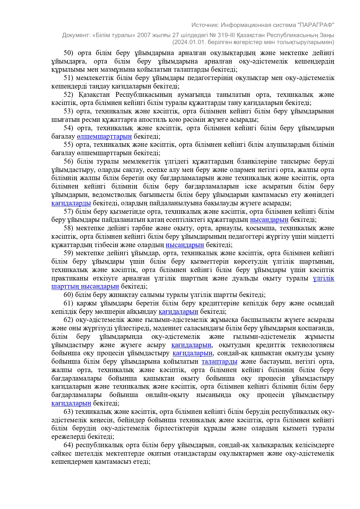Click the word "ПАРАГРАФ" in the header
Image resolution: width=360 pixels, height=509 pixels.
coord(316,25)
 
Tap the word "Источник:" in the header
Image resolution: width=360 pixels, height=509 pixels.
coord(205,25)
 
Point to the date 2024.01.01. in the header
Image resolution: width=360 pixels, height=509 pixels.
coord(187,42)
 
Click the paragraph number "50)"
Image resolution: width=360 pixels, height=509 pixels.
coord(68,53)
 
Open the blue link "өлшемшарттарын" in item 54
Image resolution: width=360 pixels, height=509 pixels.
coord(104,137)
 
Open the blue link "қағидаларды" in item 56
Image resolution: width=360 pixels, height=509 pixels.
coord(71,203)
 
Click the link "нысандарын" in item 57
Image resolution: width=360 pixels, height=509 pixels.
coord(269,220)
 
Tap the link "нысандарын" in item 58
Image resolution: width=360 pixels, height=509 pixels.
coord(185,245)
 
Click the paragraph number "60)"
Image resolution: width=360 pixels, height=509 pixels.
coord(68,295)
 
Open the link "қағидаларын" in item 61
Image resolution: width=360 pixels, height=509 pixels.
coord(178,312)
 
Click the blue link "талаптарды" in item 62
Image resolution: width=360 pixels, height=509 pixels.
coord(219,362)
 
